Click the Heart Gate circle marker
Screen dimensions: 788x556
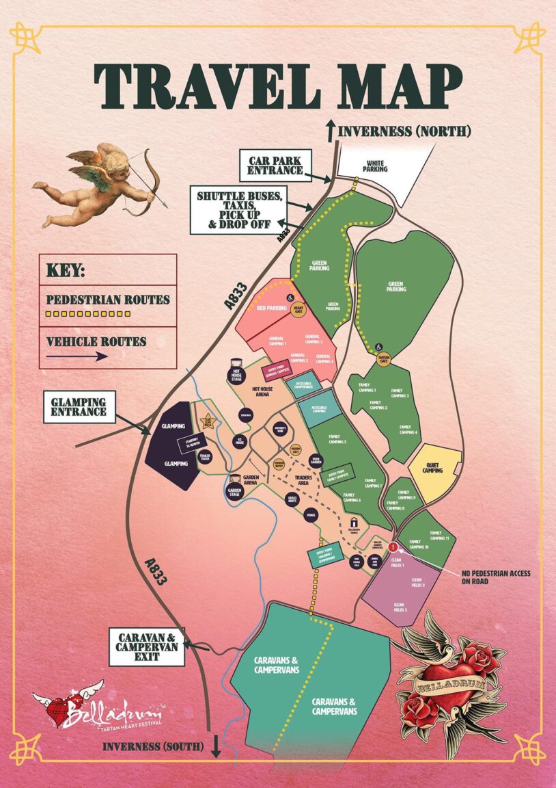[x=298, y=310]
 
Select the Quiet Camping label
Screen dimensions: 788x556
[x=432, y=469]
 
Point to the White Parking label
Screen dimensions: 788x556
[x=374, y=168]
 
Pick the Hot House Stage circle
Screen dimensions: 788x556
[x=236, y=376]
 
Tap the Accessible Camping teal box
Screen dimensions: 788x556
[x=319, y=408]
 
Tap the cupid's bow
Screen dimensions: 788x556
[x=147, y=181]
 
